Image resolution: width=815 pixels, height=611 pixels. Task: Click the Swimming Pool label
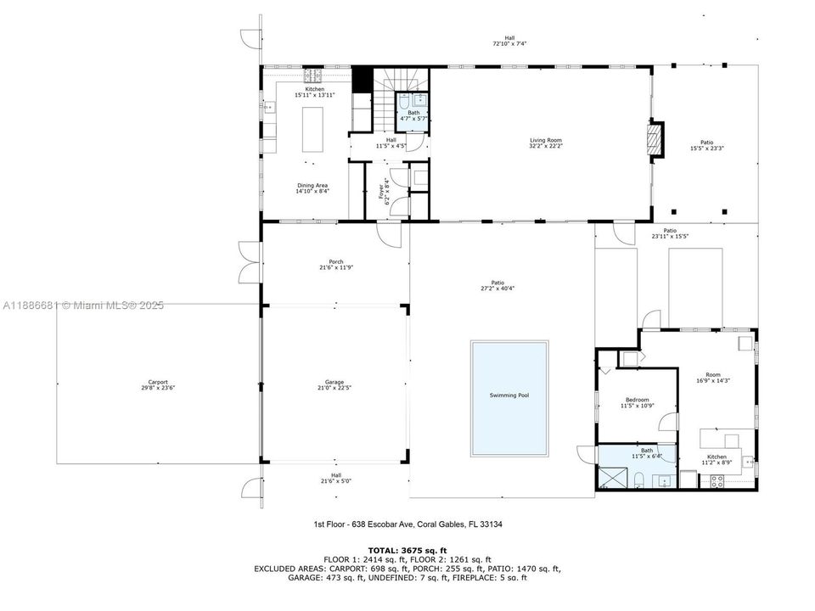coord(509,395)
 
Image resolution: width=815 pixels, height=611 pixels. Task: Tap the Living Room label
coord(546,140)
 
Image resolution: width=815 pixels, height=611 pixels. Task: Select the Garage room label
coord(334,383)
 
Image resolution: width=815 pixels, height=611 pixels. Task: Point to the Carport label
coord(158,383)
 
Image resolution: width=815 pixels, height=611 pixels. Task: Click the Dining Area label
coord(312,186)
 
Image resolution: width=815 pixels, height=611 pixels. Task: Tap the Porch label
coord(336,262)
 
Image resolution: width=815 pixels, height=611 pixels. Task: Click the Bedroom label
coord(638,400)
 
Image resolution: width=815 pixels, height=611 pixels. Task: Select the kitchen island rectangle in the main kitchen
coord(312,129)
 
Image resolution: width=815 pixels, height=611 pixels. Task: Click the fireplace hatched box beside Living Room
coord(655,140)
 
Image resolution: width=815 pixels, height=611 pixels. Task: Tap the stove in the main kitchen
coord(312,76)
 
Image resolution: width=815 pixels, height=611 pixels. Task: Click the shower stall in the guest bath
coord(609,478)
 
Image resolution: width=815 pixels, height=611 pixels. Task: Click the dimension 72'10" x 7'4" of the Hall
coord(509,43)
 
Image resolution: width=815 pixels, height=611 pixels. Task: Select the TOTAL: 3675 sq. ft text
coord(407,550)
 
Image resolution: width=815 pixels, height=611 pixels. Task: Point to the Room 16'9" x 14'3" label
coord(712,378)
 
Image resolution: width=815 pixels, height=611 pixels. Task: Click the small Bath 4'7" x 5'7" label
coord(413,115)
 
